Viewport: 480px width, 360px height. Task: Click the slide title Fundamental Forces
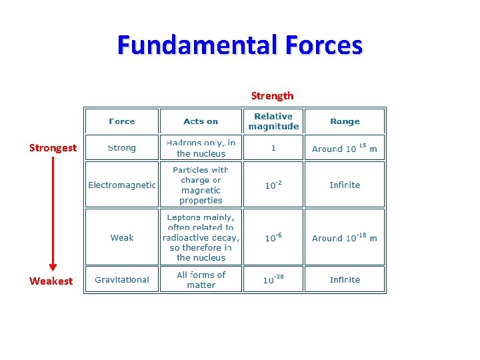tap(240, 45)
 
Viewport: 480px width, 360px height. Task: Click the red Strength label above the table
tap(272, 95)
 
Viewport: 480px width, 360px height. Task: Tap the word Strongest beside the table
tap(53, 147)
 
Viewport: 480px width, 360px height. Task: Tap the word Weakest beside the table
tap(51, 281)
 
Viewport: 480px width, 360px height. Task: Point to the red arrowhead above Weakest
tap(53, 267)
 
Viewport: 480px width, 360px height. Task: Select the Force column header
tap(122, 121)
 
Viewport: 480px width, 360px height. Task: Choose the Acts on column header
tap(201, 121)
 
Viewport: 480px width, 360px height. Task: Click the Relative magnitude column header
tap(273, 121)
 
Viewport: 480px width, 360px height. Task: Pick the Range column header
tap(345, 121)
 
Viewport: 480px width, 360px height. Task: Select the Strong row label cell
tap(122, 148)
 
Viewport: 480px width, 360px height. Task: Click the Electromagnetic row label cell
tap(122, 185)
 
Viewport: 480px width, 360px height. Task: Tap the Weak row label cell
tap(122, 237)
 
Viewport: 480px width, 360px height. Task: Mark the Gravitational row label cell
tap(122, 279)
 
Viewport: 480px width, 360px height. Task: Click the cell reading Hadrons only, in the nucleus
tap(201, 148)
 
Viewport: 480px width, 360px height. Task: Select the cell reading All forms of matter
tap(201, 279)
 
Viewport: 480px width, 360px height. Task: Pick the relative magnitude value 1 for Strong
tap(273, 148)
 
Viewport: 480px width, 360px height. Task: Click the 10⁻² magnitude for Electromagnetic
tap(273, 185)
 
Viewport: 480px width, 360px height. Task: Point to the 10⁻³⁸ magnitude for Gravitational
tap(273, 279)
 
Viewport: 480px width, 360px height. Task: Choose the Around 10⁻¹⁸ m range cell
tap(345, 237)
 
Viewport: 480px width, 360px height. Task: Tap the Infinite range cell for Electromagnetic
tap(345, 185)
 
